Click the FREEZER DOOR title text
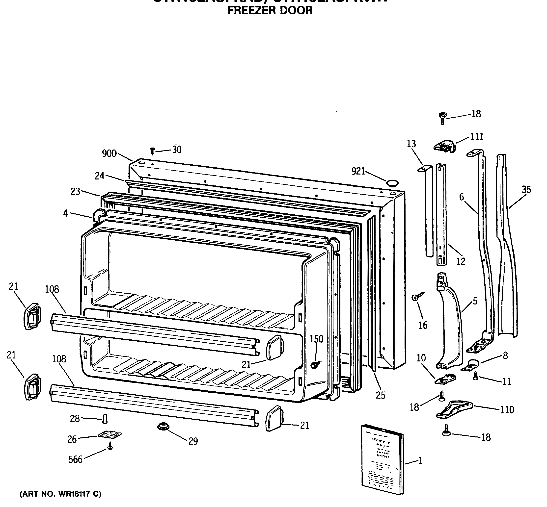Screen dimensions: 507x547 pos(270,10)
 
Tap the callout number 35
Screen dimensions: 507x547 pos(526,190)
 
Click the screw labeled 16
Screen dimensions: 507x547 pos(417,297)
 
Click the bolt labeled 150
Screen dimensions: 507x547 pos(315,365)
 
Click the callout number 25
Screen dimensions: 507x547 pos(381,395)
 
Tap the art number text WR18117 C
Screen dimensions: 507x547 pos(60,494)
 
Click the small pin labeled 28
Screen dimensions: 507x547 pos(105,419)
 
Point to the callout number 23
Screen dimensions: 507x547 pos(75,192)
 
